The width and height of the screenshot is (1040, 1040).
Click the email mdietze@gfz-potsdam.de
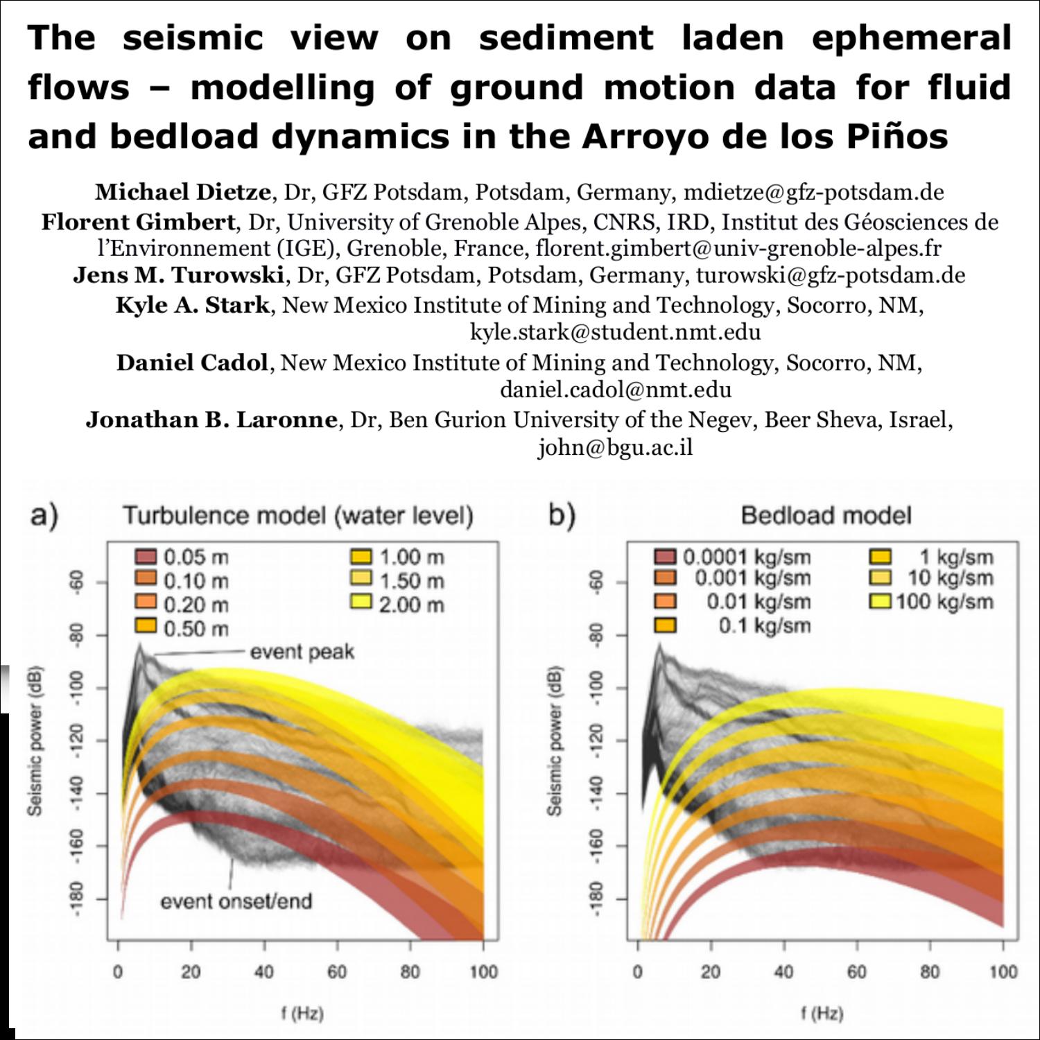813,192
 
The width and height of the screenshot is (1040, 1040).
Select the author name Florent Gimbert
138,222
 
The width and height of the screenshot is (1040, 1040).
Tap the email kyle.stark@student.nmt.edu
615,332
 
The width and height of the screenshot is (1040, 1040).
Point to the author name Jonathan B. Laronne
211,419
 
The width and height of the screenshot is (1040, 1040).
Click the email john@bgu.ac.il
615,448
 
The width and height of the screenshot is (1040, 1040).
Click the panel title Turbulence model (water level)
298,516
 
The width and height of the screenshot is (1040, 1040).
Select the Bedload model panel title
826,516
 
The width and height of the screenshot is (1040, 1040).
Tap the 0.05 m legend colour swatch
146,557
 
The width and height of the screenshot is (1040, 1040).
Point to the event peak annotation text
302,652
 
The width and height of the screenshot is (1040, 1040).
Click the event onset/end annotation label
236,901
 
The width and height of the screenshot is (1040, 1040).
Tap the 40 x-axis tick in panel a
263,971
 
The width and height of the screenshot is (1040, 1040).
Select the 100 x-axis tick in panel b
1003,971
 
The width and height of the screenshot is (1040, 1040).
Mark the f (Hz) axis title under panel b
822,1014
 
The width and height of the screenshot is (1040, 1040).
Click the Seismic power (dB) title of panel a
35,740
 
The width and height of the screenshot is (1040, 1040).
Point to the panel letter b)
562,516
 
